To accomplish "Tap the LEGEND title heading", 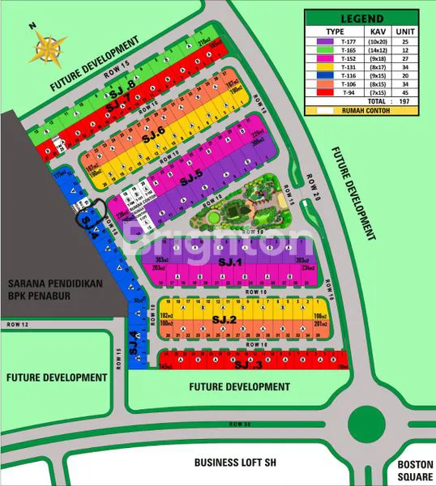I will [364, 17].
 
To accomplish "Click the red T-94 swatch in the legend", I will [328, 92].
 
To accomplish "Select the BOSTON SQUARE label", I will [416, 471].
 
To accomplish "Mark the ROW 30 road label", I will [236, 424].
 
